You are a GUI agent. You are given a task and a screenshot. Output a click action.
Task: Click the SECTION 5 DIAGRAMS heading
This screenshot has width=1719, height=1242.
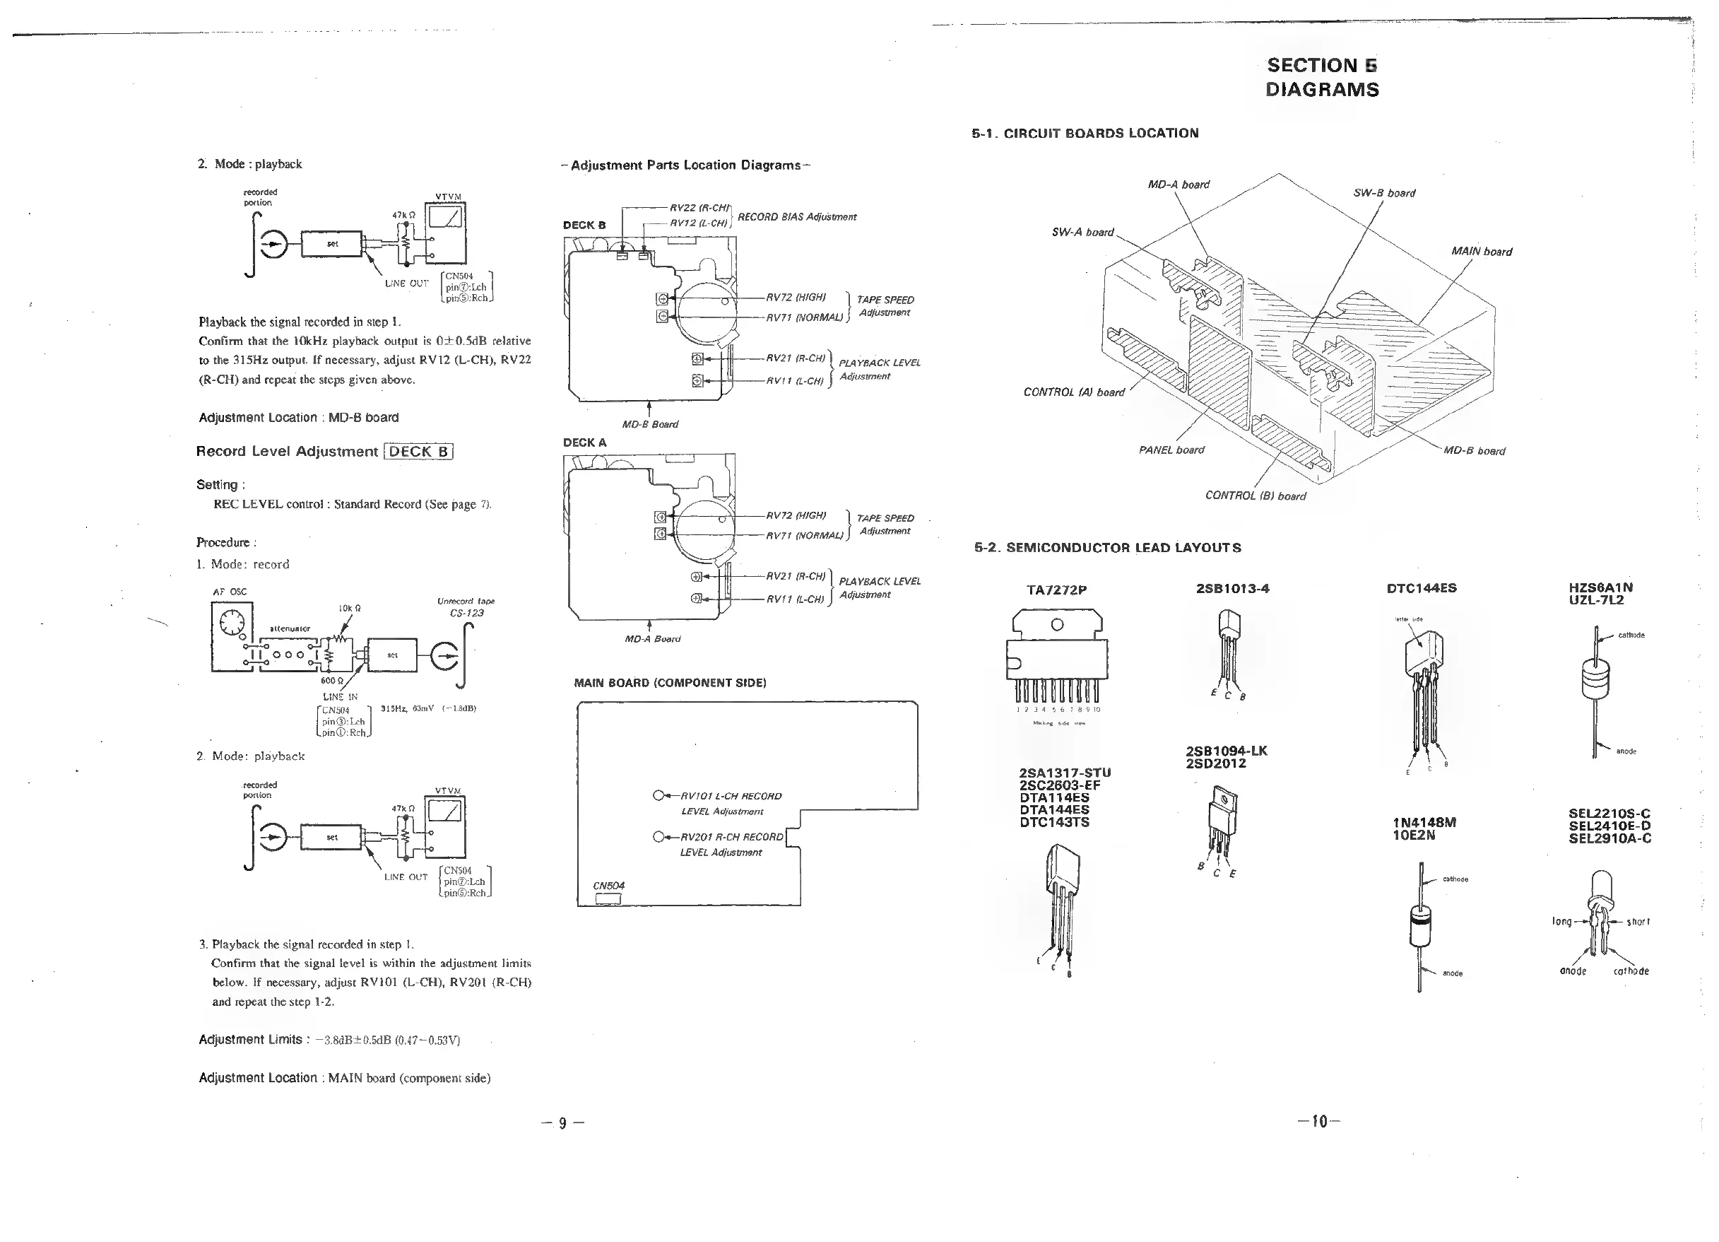(x=1322, y=77)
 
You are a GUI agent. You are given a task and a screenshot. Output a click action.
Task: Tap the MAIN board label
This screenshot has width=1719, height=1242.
(x=1481, y=252)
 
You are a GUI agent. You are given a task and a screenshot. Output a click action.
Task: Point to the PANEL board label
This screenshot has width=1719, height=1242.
(x=1171, y=450)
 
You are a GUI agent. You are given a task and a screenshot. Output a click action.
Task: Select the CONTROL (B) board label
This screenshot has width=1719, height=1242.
(x=1255, y=496)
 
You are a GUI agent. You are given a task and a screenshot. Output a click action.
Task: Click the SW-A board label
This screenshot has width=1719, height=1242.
(x=1082, y=232)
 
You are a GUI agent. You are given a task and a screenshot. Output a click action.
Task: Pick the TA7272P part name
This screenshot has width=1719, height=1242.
(x=1056, y=590)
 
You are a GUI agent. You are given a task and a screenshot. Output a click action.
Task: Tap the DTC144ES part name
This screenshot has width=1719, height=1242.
(x=1421, y=587)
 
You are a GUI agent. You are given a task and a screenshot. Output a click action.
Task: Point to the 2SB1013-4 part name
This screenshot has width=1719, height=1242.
(x=1231, y=588)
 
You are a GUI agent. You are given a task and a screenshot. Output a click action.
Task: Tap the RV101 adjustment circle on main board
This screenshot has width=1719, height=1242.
(x=658, y=796)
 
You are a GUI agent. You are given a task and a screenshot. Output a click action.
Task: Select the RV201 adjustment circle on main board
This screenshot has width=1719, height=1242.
(x=658, y=837)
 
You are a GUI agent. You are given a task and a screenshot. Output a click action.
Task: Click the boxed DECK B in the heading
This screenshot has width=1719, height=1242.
(x=418, y=452)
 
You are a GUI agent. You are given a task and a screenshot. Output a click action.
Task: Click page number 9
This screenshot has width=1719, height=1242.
(x=562, y=1123)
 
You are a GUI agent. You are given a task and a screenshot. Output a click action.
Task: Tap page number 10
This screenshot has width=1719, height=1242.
(x=1319, y=1121)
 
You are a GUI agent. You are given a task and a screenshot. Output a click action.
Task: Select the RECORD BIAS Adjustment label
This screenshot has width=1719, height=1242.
(x=796, y=217)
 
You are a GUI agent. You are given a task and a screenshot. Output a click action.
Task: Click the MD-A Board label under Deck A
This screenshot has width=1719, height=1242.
(x=652, y=638)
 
